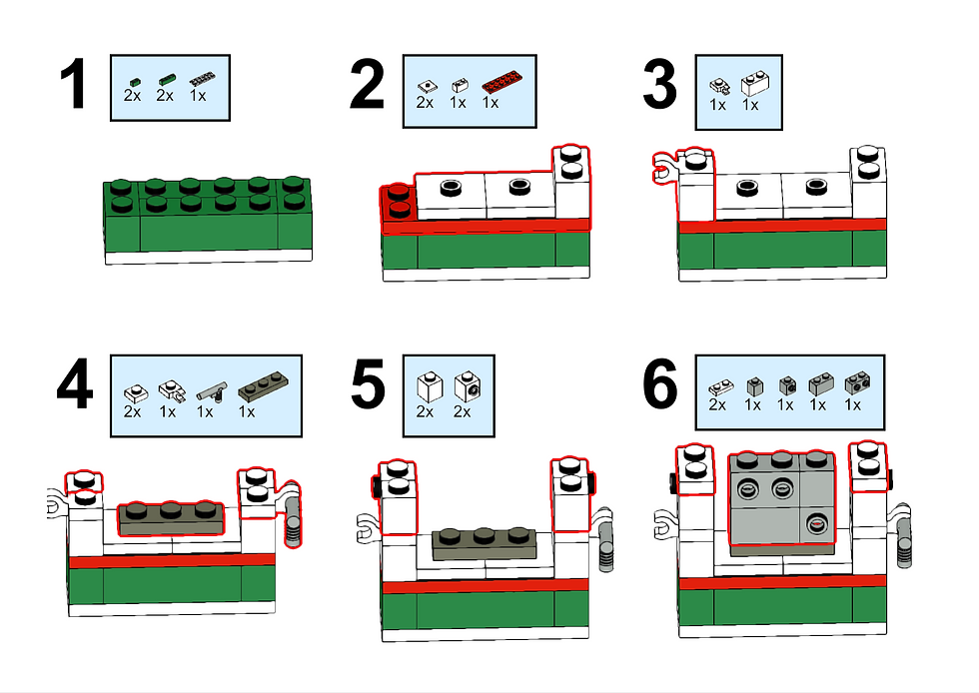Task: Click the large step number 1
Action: (74, 87)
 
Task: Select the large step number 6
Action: (659, 386)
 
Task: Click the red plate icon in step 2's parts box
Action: (498, 85)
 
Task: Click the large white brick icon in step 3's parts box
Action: (753, 83)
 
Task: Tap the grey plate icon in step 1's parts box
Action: (203, 79)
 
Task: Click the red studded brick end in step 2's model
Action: (398, 200)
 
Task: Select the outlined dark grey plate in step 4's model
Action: (171, 517)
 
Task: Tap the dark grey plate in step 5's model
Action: (485, 542)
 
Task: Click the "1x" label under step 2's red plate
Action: (489, 103)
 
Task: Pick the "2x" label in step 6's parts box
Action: (717, 404)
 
